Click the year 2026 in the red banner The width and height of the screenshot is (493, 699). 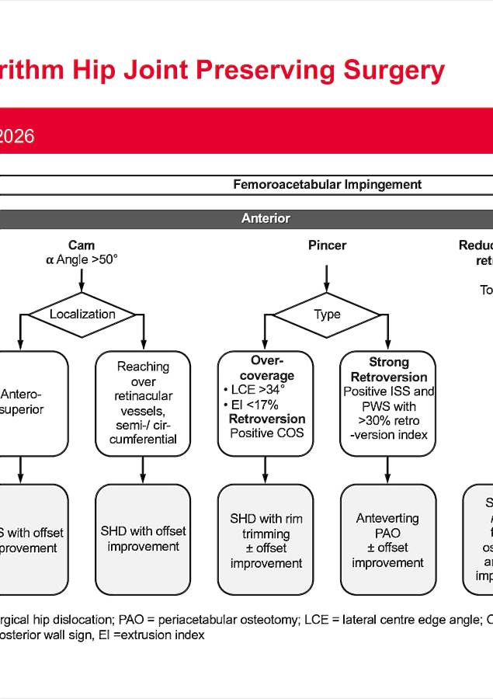16,136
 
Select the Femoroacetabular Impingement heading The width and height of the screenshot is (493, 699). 327,184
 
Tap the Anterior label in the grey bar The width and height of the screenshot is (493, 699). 266,219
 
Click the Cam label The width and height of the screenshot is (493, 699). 82,245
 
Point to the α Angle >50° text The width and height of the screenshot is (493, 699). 82,260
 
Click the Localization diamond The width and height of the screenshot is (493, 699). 82,314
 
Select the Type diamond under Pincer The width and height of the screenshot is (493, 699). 327,314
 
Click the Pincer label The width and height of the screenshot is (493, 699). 327,245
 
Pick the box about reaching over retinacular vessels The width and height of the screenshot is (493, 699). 143,402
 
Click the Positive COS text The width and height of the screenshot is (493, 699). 266,433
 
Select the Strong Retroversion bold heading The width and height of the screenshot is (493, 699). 387,370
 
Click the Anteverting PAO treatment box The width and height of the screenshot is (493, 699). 387,540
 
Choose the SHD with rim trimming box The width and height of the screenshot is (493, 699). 266,540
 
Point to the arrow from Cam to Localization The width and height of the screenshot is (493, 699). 82,280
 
